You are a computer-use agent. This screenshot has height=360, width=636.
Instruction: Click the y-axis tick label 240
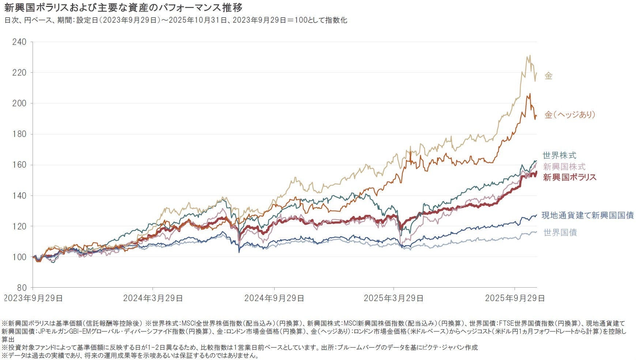pos(19,42)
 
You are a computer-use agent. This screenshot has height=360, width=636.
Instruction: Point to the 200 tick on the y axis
pos(19,103)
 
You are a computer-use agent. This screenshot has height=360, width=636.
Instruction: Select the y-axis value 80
pos(21,288)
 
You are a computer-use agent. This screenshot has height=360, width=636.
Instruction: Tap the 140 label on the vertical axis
pos(19,196)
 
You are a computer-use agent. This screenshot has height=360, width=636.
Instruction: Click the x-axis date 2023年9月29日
pos(33,298)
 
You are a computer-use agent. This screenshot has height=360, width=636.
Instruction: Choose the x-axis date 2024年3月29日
pos(153,298)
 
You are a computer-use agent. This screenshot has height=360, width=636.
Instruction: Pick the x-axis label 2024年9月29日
pos(274,298)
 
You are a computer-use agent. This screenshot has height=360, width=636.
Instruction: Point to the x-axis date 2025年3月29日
pos(394,298)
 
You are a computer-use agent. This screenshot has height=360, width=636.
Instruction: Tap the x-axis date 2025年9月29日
pos(515,298)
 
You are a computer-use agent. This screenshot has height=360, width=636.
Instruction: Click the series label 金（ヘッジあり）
pos(570,115)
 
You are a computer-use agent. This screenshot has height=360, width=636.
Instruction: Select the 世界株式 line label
pos(559,155)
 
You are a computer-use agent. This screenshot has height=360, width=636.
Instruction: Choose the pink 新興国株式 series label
pos(564,167)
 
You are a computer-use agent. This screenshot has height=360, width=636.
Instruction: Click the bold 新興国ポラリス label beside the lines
pos(569,177)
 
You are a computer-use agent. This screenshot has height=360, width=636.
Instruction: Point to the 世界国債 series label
pos(560,232)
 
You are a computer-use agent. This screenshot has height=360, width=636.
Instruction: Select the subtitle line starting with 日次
pos(176,20)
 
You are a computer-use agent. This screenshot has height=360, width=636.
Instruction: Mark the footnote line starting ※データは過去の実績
pos(130,356)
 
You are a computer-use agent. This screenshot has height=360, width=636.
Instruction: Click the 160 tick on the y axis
pos(19,165)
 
